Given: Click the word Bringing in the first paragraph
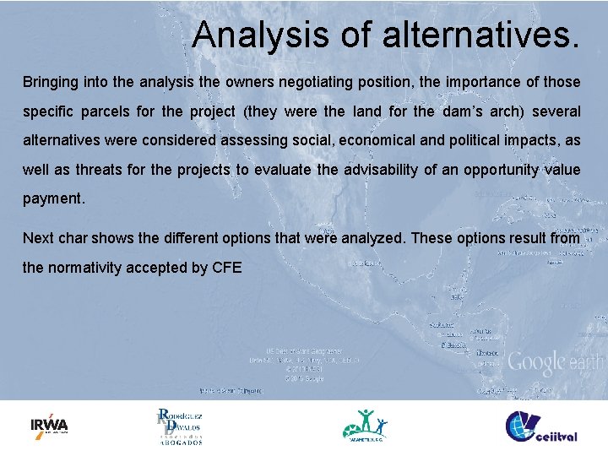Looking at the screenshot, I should tap(50, 83).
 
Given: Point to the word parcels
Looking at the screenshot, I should tap(109, 112).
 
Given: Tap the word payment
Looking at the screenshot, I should tap(53, 199).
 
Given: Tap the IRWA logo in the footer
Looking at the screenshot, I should tap(49, 425).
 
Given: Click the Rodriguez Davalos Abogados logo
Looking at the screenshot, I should tap(179, 427).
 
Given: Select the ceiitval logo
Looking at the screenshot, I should tap(541, 426).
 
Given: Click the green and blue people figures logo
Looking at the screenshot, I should tap(365, 425).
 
